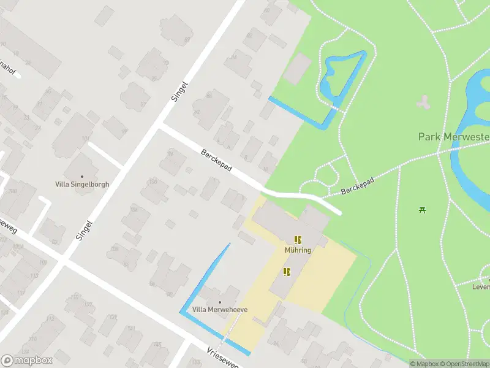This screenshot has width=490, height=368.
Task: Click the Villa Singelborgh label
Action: (81, 184)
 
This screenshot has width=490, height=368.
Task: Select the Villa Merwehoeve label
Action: (220, 310)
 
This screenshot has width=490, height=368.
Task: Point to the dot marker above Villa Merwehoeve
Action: (220, 302)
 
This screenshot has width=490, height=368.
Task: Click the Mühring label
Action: (298, 250)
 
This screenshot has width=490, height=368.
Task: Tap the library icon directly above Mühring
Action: (298, 240)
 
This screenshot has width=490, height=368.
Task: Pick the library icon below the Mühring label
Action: (286, 271)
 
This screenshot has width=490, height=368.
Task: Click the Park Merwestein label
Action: (454, 136)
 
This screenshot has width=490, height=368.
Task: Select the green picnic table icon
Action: (422, 210)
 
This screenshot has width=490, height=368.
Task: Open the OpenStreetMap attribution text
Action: (464, 364)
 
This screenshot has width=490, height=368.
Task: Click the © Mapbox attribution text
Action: (424, 364)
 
